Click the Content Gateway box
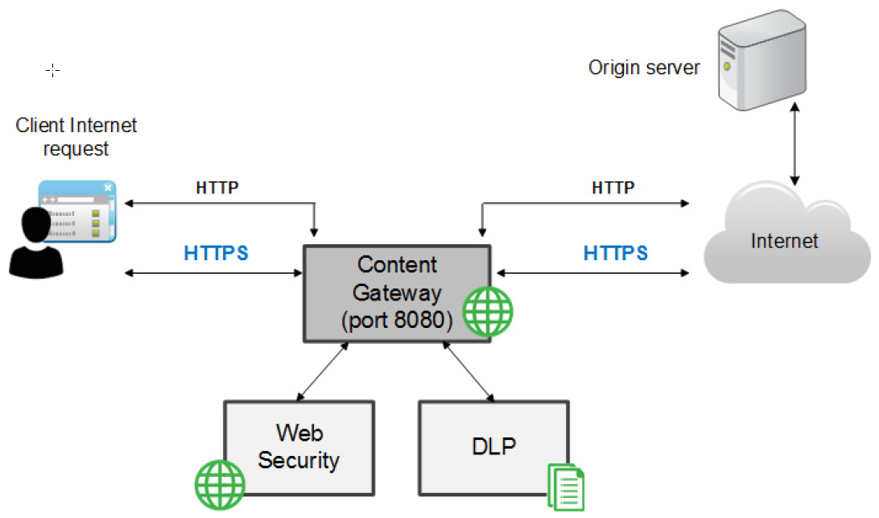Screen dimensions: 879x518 pyautogui.click(x=397, y=293)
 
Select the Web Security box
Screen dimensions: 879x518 pyautogui.click(x=299, y=447)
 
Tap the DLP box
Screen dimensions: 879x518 pyautogui.click(x=493, y=447)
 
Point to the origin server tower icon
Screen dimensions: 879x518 pyautogui.click(x=761, y=60)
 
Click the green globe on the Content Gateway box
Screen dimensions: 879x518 pyautogui.click(x=488, y=312)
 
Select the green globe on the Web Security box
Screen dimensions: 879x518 pyautogui.click(x=220, y=485)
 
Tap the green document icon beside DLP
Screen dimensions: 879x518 pyautogui.click(x=566, y=487)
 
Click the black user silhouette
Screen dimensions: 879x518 pyautogui.click(x=36, y=243)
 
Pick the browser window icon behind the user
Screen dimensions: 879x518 pyautogui.click(x=77, y=211)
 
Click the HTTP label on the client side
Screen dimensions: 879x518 pyautogui.click(x=217, y=188)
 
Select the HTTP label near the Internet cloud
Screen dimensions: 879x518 pyautogui.click(x=613, y=188)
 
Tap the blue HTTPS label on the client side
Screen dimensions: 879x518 pyautogui.click(x=216, y=253)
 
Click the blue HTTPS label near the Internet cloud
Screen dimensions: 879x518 pyautogui.click(x=616, y=253)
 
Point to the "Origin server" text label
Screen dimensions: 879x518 pyautogui.click(x=644, y=68)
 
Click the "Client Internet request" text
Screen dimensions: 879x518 pyautogui.click(x=76, y=136)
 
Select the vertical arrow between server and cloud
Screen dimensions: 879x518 pyautogui.click(x=794, y=143)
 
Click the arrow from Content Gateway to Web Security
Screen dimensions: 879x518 pyautogui.click(x=322, y=371)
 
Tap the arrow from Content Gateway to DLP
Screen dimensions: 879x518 pyautogui.click(x=468, y=371)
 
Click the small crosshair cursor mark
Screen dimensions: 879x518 pyautogui.click(x=52, y=70)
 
